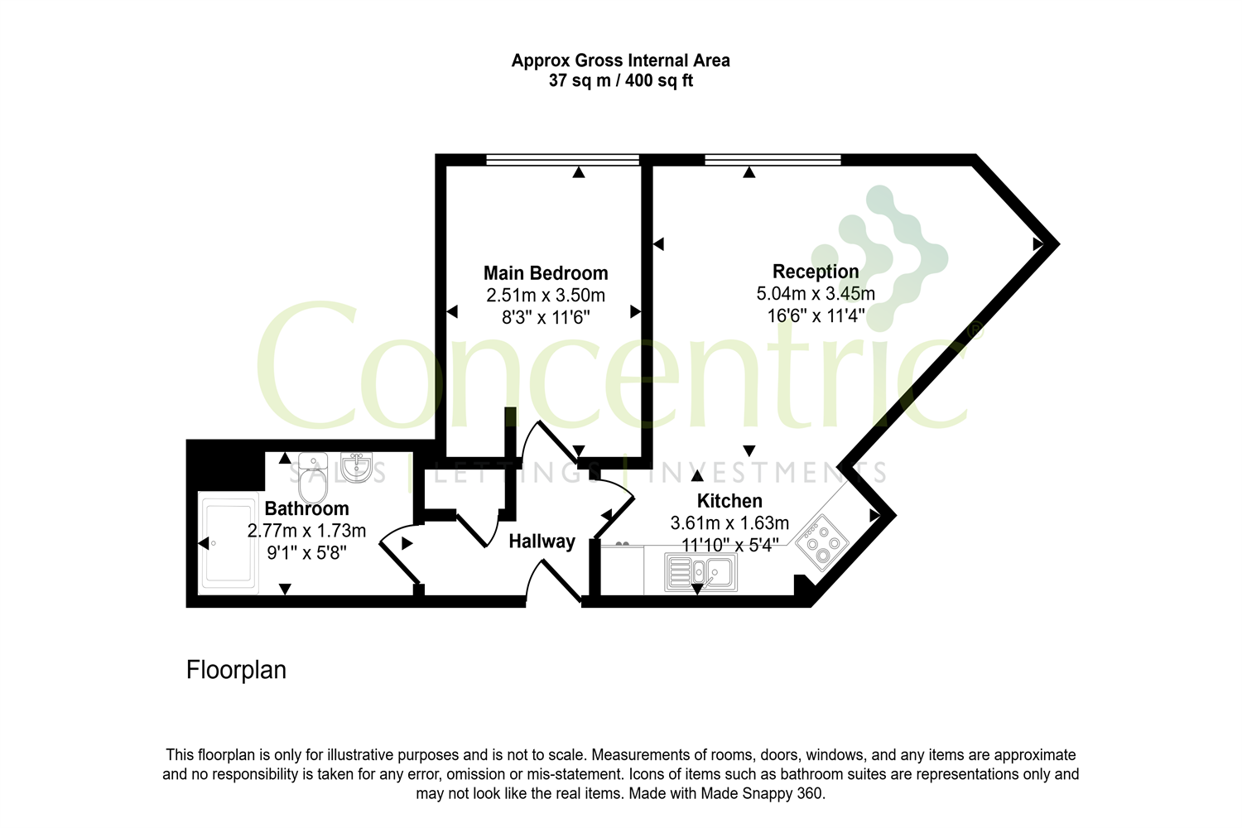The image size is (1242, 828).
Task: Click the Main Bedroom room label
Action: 546,273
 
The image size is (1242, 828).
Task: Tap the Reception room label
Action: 816,272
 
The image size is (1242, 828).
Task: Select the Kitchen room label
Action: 729,501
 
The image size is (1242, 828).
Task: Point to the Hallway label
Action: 542,542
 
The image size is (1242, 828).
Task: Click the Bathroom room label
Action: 306,508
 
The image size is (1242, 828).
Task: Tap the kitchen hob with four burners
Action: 822,543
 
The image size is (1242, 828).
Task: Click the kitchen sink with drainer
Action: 700,573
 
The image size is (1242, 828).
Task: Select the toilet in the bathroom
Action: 313,477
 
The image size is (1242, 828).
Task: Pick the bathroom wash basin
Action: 357,466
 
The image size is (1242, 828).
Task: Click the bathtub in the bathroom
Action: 228,543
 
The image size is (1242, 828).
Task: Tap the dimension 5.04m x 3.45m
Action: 816,294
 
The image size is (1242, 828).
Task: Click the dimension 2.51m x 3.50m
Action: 546,296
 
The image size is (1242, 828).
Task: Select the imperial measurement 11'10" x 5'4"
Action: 729,545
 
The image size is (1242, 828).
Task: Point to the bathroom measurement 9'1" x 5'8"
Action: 306,552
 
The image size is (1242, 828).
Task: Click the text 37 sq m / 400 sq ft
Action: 620,81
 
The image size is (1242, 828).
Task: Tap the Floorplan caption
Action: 236,670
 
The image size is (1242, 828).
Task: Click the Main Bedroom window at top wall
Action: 562,160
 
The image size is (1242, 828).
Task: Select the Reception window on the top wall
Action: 773,160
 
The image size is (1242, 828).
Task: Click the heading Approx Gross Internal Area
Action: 620,60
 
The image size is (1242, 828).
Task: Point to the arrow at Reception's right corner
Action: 1037,244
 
